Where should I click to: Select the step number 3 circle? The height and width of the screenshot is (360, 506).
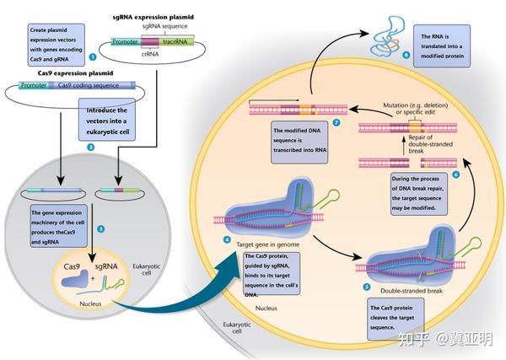[x=100, y=228]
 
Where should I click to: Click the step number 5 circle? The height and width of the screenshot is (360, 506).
[x=366, y=286]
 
